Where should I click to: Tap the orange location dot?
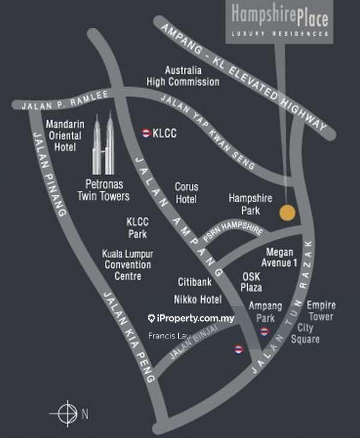[x=287, y=212]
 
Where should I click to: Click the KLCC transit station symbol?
[x=145, y=133]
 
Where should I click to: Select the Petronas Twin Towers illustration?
[x=103, y=143]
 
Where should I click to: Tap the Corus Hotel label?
[x=186, y=192]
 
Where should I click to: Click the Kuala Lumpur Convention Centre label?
[x=127, y=265]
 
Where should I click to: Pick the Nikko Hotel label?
[x=198, y=299]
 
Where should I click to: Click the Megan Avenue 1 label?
[x=279, y=258]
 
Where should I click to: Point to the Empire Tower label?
[x=321, y=311]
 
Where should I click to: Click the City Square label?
[x=305, y=334]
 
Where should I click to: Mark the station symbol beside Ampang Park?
[x=265, y=332]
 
